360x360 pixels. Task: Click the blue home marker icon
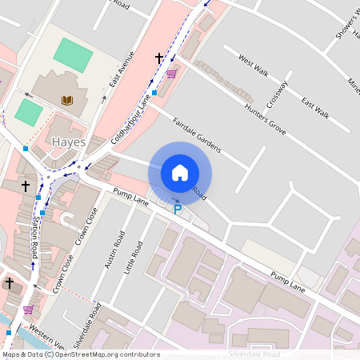(x=180, y=172)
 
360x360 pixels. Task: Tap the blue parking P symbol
(x=178, y=210)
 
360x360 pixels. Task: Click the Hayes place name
(x=68, y=142)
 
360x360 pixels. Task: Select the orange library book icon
(x=67, y=100)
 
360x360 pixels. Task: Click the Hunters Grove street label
(x=266, y=117)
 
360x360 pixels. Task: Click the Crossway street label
(x=278, y=96)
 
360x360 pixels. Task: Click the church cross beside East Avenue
(x=159, y=58)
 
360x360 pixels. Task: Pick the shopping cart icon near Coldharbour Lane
(x=171, y=74)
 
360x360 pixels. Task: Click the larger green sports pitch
(x=73, y=55)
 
